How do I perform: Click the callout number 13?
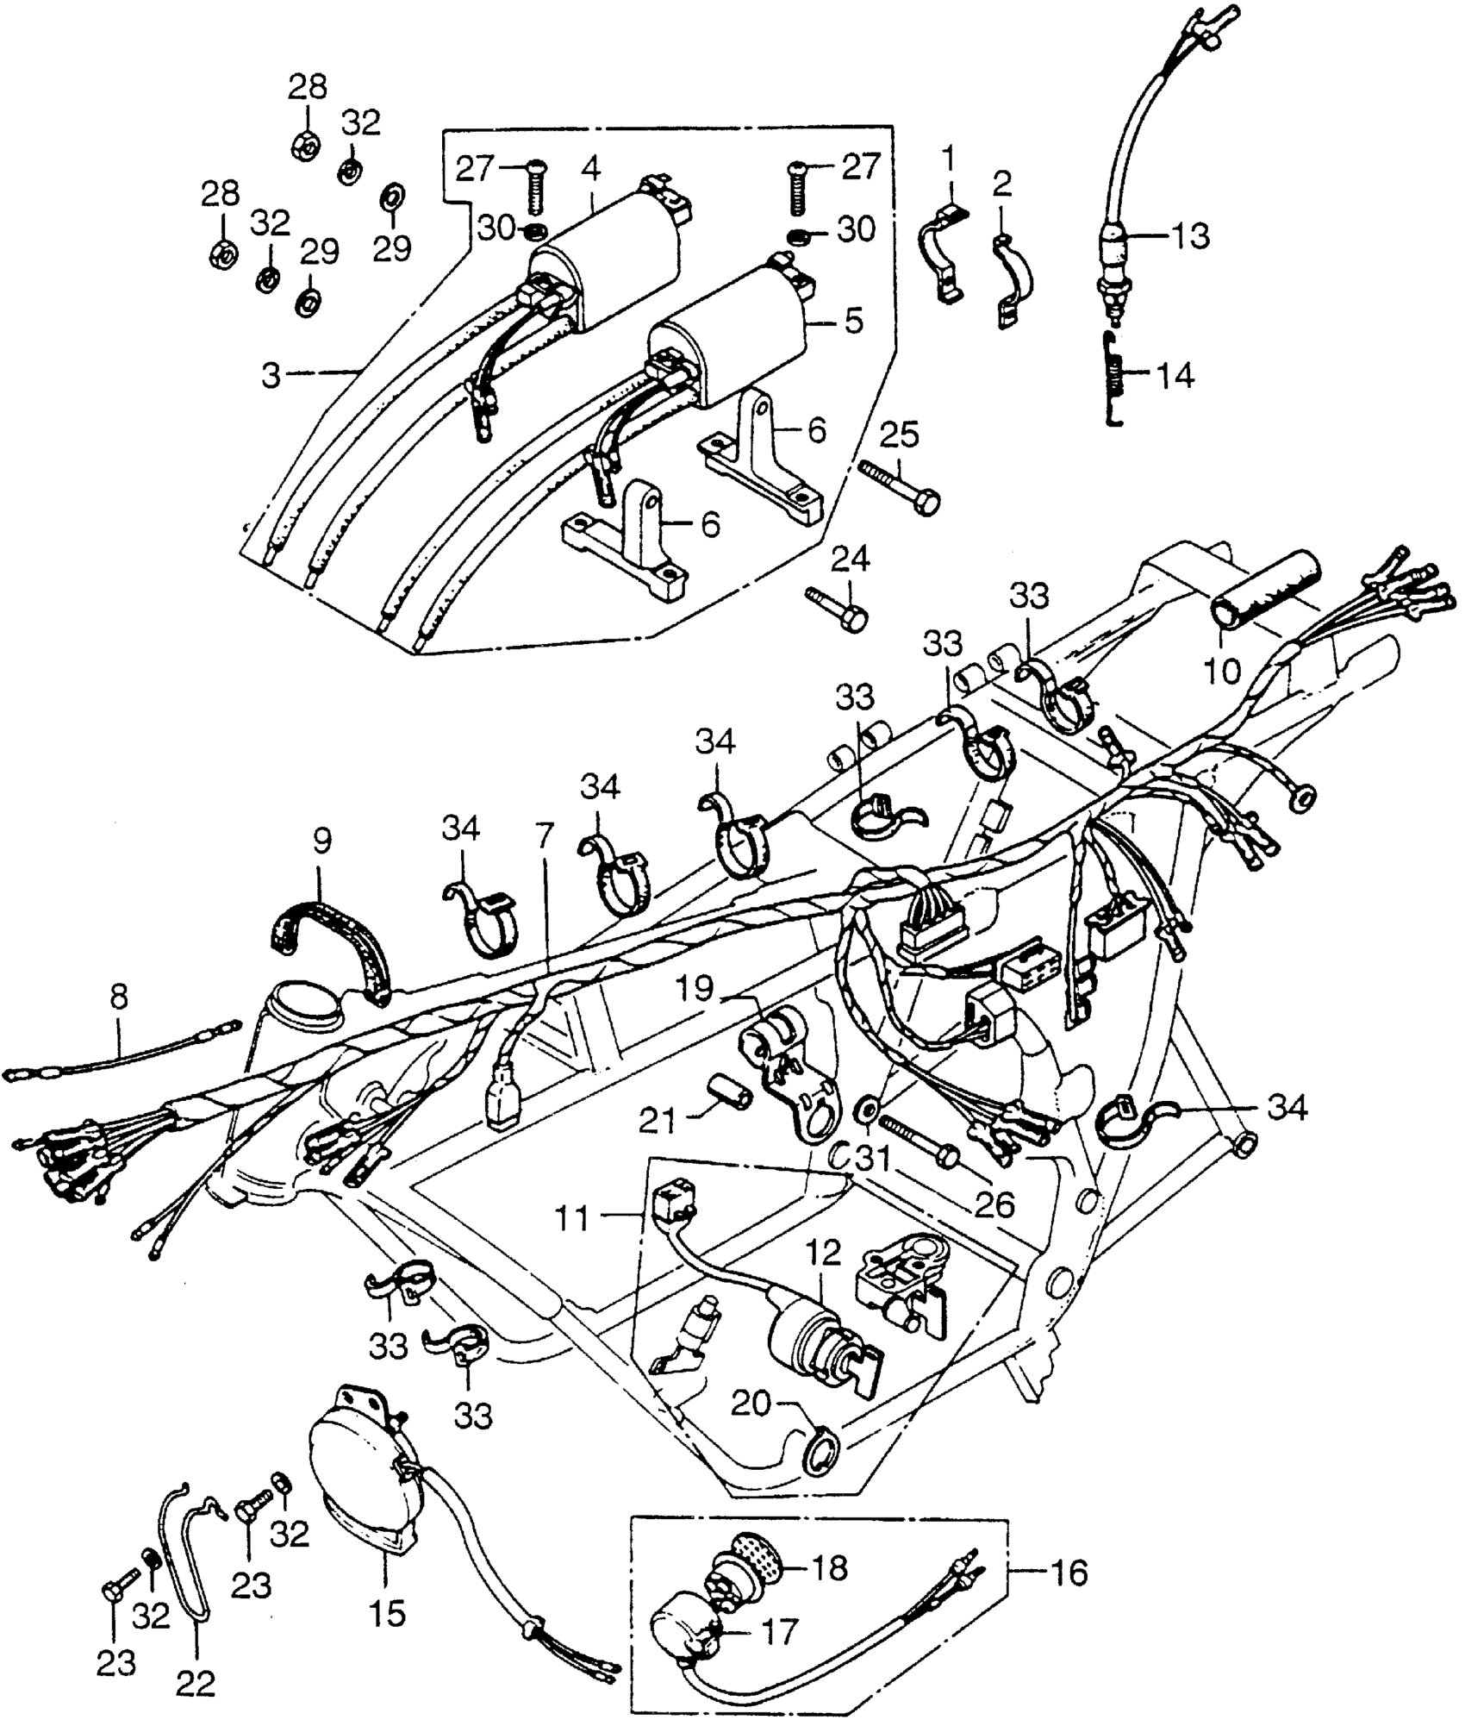click(x=1191, y=235)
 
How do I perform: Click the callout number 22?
click(x=196, y=1680)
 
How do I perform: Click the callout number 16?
click(x=1068, y=1573)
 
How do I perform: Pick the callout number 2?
click(x=1002, y=184)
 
